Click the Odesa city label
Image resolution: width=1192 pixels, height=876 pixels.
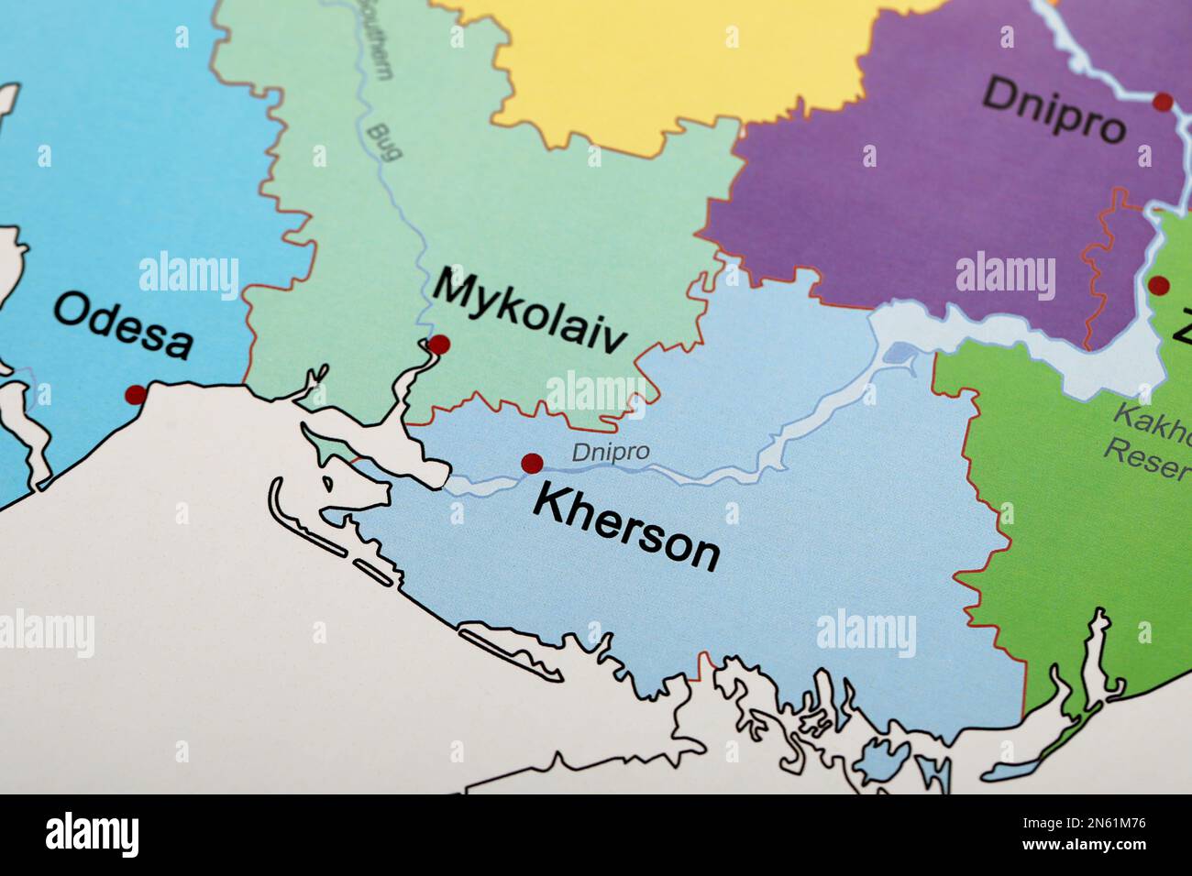[x=123, y=324]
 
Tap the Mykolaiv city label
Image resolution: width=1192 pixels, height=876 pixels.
[x=530, y=309]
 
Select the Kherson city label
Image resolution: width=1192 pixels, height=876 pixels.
[x=627, y=528]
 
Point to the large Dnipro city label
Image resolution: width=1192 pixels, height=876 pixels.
[x=1054, y=108]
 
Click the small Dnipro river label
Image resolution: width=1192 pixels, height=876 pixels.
[x=611, y=452]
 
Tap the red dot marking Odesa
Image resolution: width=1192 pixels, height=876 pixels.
[x=136, y=395]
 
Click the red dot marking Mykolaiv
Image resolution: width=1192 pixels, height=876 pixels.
[x=439, y=345]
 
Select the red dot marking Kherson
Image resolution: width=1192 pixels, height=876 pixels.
[x=531, y=463]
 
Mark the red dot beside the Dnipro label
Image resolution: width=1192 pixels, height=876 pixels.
[x=1163, y=102]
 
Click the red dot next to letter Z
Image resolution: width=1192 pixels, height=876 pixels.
[x=1159, y=285]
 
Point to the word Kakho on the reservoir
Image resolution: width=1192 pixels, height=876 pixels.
[x=1152, y=421]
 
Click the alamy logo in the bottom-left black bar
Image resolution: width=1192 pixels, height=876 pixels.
[x=93, y=835]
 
